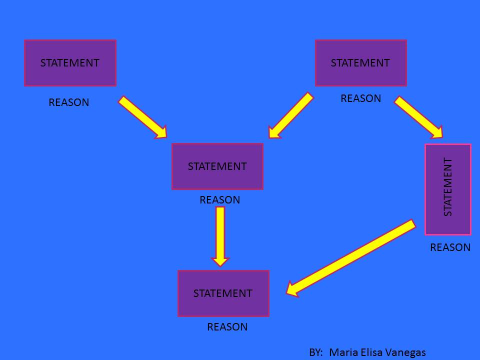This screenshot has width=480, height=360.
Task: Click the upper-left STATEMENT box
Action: (x=70, y=63)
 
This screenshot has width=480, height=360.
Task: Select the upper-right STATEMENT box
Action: (x=360, y=63)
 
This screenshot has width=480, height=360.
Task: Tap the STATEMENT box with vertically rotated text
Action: (x=448, y=189)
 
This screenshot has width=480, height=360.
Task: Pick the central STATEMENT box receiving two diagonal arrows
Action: (x=217, y=166)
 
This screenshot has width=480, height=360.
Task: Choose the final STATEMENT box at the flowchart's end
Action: (x=223, y=293)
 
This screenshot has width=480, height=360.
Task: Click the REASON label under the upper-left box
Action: (x=69, y=102)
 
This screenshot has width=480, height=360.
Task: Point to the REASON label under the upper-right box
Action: (x=360, y=98)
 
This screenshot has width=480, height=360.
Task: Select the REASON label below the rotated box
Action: (x=450, y=247)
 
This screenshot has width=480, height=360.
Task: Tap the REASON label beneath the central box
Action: (x=220, y=200)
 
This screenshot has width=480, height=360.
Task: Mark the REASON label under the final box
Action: (x=227, y=327)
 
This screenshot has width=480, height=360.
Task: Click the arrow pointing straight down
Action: (x=220, y=235)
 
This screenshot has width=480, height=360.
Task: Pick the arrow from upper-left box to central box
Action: (x=142, y=117)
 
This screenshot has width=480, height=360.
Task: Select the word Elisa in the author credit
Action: (x=369, y=352)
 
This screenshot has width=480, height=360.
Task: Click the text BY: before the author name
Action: (x=316, y=352)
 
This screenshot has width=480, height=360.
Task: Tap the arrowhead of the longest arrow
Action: (x=293, y=289)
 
